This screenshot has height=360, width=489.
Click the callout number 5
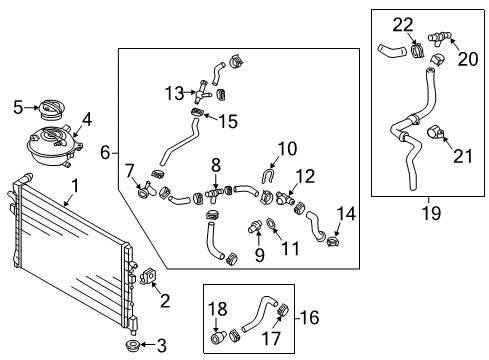click(x=18, y=107)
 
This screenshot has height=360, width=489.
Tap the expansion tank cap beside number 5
click(x=50, y=110)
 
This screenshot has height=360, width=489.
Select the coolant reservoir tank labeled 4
click(x=55, y=144)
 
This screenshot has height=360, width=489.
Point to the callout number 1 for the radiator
click(x=75, y=186)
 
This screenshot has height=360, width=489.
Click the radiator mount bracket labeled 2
click(x=148, y=276)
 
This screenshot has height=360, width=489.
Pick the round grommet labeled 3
click(x=132, y=345)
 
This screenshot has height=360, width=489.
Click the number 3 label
click(x=162, y=346)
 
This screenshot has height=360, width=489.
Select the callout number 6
click(x=105, y=153)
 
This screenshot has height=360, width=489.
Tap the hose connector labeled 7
click(x=146, y=190)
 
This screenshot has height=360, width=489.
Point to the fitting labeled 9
click(x=254, y=228)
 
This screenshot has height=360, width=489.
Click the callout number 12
click(x=305, y=177)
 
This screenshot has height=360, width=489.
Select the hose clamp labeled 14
click(x=332, y=241)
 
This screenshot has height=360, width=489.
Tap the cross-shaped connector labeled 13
click(x=201, y=91)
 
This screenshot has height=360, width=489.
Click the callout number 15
click(x=228, y=121)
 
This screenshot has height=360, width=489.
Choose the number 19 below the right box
click(x=431, y=213)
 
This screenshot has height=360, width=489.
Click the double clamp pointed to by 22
click(x=417, y=50)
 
